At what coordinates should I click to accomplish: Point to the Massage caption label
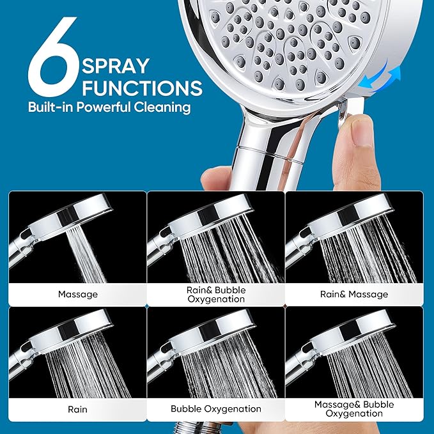[x=77, y=294]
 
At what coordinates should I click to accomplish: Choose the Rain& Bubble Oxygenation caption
[x=216, y=294]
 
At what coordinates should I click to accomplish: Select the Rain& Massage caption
[x=353, y=294]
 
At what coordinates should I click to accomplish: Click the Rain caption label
[x=77, y=408]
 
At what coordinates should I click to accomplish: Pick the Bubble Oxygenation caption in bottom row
[x=216, y=408]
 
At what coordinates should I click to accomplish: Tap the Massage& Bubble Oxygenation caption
[x=353, y=408]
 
